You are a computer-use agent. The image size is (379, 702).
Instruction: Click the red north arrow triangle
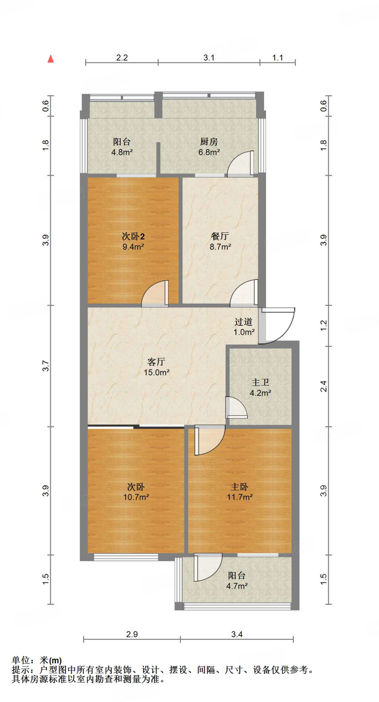click(51, 59)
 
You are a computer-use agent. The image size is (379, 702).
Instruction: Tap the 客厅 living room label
click(156, 362)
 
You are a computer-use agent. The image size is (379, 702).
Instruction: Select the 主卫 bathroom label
click(260, 382)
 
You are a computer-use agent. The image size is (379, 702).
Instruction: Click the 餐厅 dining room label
click(220, 236)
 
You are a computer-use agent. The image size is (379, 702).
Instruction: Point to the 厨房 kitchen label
click(209, 141)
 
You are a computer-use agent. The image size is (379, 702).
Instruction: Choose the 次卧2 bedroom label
click(133, 236)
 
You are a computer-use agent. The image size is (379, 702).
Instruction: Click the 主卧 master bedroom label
click(239, 487)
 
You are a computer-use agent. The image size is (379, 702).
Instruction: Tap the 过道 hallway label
click(244, 322)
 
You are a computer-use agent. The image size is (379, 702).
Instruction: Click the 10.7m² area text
click(136, 497)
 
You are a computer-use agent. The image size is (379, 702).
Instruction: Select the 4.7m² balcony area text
click(237, 586)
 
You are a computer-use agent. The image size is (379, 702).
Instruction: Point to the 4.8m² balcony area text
click(122, 152)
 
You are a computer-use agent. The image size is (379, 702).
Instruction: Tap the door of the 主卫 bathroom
click(236, 408)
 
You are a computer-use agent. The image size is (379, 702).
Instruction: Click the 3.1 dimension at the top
click(209, 58)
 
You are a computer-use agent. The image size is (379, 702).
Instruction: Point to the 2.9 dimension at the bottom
click(132, 634)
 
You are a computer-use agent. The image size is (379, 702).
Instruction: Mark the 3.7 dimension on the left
click(46, 366)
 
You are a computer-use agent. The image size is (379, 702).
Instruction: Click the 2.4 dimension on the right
click(323, 386)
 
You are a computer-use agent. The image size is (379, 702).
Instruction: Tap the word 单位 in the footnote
click(21, 660)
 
